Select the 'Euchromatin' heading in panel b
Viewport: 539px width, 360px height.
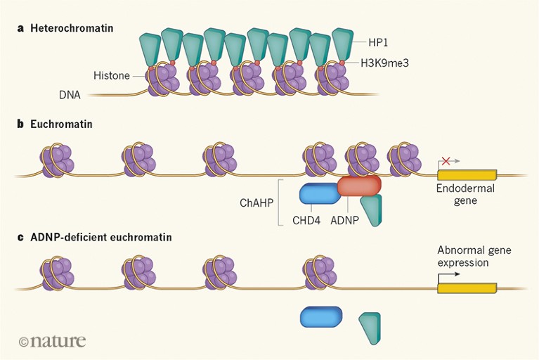[x=62, y=124]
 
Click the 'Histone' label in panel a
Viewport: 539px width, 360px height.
[x=112, y=75]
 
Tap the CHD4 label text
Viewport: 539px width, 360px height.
[x=307, y=220]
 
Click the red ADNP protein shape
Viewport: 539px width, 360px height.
[x=359, y=185]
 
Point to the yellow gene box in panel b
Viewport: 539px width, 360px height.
[x=467, y=174]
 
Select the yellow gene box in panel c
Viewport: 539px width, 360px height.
[x=467, y=288]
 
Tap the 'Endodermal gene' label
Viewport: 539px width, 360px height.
[x=466, y=195]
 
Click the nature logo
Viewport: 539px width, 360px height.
[x=53, y=341]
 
